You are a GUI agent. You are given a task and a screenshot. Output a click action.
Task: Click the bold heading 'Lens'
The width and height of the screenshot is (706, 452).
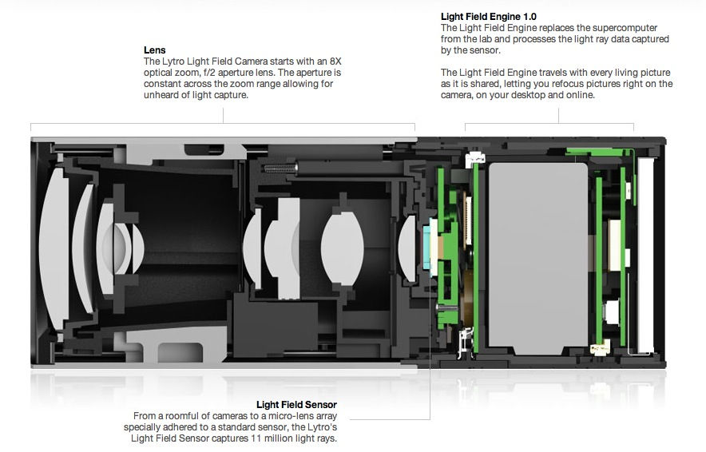point(153,50)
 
